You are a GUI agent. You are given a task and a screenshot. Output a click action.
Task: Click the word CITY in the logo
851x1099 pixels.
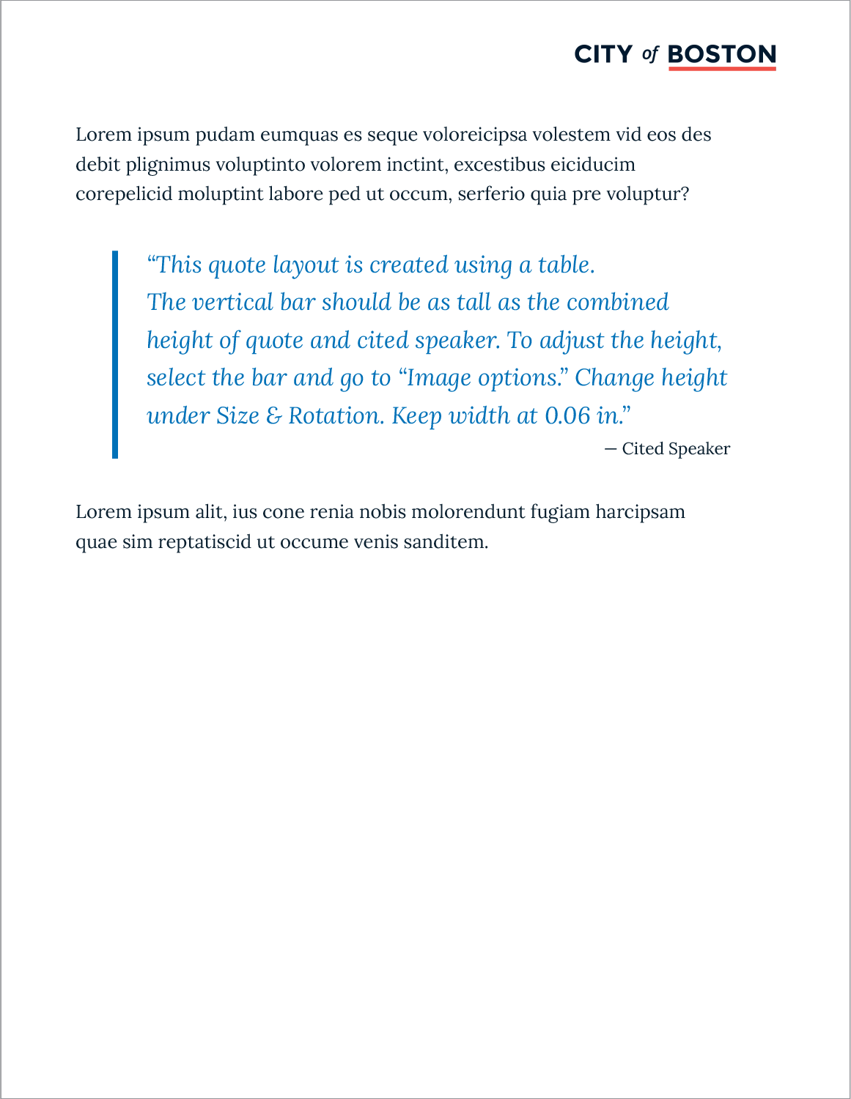coord(603,54)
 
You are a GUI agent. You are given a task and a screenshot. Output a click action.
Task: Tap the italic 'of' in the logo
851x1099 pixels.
coord(650,54)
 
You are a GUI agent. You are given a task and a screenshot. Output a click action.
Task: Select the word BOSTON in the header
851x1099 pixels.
coord(722,54)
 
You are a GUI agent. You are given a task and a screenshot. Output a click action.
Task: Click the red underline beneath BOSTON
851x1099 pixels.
coord(722,68)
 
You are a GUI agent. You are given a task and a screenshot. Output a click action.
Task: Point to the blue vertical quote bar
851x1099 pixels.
coord(115,355)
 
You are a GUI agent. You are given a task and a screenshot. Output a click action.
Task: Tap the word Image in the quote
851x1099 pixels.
coord(438,378)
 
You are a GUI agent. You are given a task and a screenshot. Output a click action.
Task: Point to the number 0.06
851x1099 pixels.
coord(567,416)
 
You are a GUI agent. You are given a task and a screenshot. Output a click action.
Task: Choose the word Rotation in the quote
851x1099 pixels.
coord(336,416)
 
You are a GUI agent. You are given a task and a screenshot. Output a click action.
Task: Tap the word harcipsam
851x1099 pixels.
coord(640,511)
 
